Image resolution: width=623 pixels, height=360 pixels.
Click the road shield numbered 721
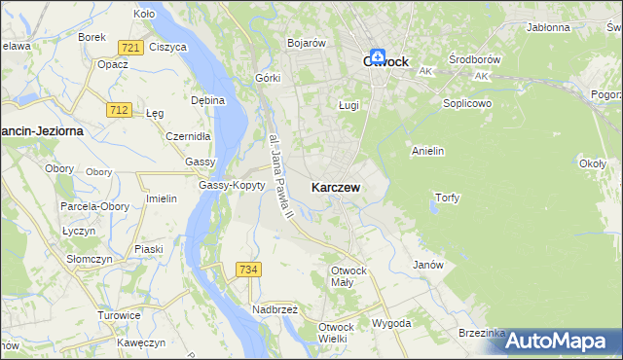[x=129, y=47]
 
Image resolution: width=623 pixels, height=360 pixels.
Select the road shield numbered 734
[x=248, y=269]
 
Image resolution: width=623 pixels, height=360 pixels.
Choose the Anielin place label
[x=428, y=151]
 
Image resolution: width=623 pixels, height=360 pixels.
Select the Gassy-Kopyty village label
[x=232, y=185]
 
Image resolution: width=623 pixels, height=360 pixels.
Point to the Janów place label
[x=428, y=265]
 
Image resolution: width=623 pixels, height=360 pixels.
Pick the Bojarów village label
[x=306, y=43]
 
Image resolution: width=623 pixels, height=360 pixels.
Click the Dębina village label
[x=208, y=99]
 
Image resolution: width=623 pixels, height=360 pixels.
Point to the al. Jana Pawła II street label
[x=280, y=173]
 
